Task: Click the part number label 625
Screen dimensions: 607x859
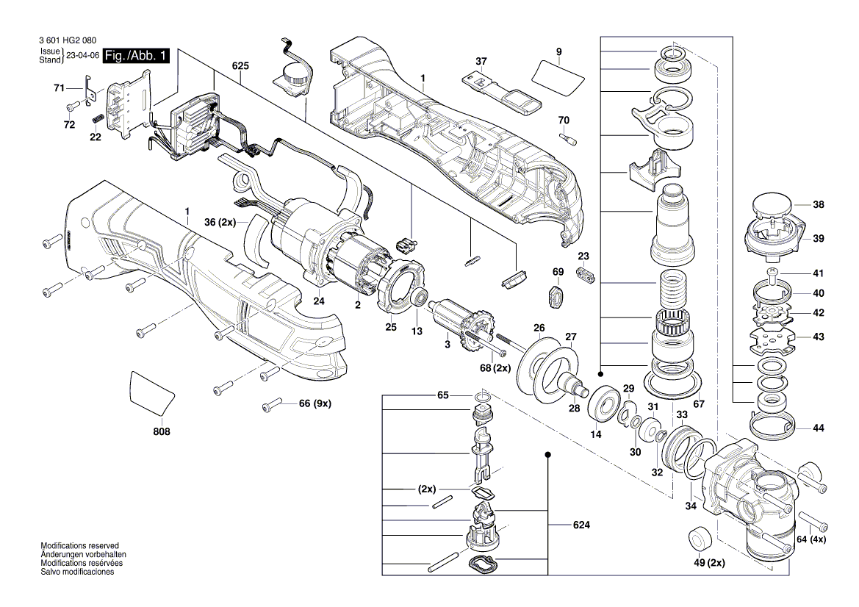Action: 240,65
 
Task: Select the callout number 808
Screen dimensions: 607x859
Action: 162,432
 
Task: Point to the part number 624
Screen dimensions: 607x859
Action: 582,525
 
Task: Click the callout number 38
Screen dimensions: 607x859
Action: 819,206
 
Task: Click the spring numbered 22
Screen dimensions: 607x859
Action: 96,120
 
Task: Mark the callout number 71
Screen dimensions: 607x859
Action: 60,88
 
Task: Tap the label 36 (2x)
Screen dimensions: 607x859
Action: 220,222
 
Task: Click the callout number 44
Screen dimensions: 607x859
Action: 819,428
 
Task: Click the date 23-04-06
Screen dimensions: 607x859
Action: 82,56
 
